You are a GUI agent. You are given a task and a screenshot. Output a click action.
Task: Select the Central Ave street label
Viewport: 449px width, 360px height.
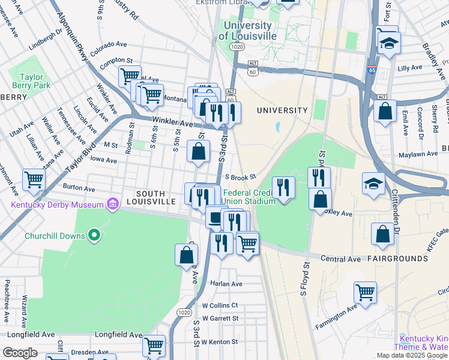coord(340,259)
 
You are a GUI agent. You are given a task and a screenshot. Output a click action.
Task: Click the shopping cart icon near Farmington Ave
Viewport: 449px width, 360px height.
coord(365,292)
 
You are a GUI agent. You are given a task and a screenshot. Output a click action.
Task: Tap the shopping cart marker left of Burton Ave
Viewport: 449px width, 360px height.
coord(34,179)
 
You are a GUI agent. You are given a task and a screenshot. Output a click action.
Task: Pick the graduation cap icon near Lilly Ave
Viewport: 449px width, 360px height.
coord(388,42)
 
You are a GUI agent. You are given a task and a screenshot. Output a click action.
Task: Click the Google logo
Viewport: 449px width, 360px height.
coord(20,353)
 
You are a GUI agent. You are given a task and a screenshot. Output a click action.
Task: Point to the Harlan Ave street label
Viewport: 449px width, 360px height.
coord(226,283)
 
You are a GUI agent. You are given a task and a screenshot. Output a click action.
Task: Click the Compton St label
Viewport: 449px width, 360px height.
coord(116,61)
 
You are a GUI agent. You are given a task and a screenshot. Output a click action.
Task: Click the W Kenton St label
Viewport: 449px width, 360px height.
coord(220,341)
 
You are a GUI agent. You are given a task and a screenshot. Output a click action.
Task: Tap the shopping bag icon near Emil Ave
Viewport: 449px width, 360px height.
coord(385,110)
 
